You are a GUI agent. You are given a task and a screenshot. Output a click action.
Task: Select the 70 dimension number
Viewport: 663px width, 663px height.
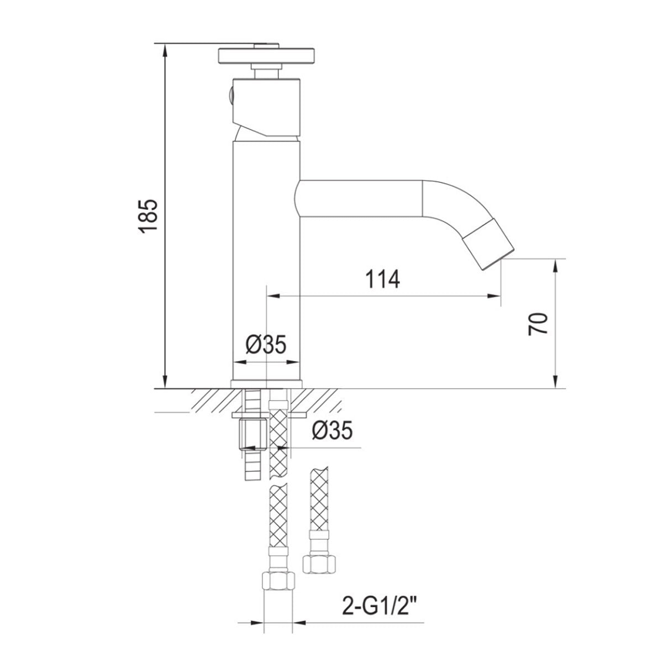point(539,323)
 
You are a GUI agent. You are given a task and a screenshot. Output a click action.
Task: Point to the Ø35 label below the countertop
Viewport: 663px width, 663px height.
point(330,430)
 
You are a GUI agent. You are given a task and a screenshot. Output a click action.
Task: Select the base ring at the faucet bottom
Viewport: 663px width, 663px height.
point(266,383)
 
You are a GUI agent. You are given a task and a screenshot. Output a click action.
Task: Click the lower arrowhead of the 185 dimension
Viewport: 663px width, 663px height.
point(165,382)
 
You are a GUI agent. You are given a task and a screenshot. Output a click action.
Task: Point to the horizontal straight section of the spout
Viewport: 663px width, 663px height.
point(359,197)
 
